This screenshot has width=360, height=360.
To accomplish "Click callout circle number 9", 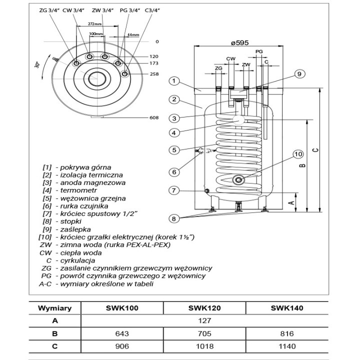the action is click(x=299, y=74).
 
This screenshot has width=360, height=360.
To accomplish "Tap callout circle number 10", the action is click(x=298, y=154).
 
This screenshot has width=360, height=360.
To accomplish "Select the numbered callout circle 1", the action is click(x=174, y=81).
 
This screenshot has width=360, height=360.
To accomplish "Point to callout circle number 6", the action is click(x=174, y=171).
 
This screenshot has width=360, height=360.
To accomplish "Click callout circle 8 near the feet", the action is click(x=174, y=219).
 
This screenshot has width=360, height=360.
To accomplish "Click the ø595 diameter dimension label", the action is click(x=239, y=42).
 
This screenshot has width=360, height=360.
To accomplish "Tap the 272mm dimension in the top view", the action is click(x=94, y=23).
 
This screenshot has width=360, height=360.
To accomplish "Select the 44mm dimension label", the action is click(x=133, y=34).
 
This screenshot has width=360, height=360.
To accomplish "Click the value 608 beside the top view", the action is click(x=154, y=118).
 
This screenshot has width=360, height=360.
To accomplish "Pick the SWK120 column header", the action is click(x=204, y=308).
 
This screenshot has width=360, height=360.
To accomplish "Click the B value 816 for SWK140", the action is click(x=287, y=333).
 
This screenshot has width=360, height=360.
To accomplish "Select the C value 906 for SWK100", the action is click(x=122, y=346).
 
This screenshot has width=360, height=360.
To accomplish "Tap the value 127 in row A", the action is click(x=204, y=320).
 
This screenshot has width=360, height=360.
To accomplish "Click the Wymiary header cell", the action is click(x=55, y=308).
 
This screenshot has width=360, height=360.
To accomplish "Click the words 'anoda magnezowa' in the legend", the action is click(x=93, y=183).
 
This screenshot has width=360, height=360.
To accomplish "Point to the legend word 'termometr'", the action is click(x=78, y=190).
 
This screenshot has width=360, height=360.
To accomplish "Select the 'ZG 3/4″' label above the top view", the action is click(x=49, y=10).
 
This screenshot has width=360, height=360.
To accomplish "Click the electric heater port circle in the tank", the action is click(x=238, y=180).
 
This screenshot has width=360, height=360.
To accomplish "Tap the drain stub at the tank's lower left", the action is click(x=206, y=191).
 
